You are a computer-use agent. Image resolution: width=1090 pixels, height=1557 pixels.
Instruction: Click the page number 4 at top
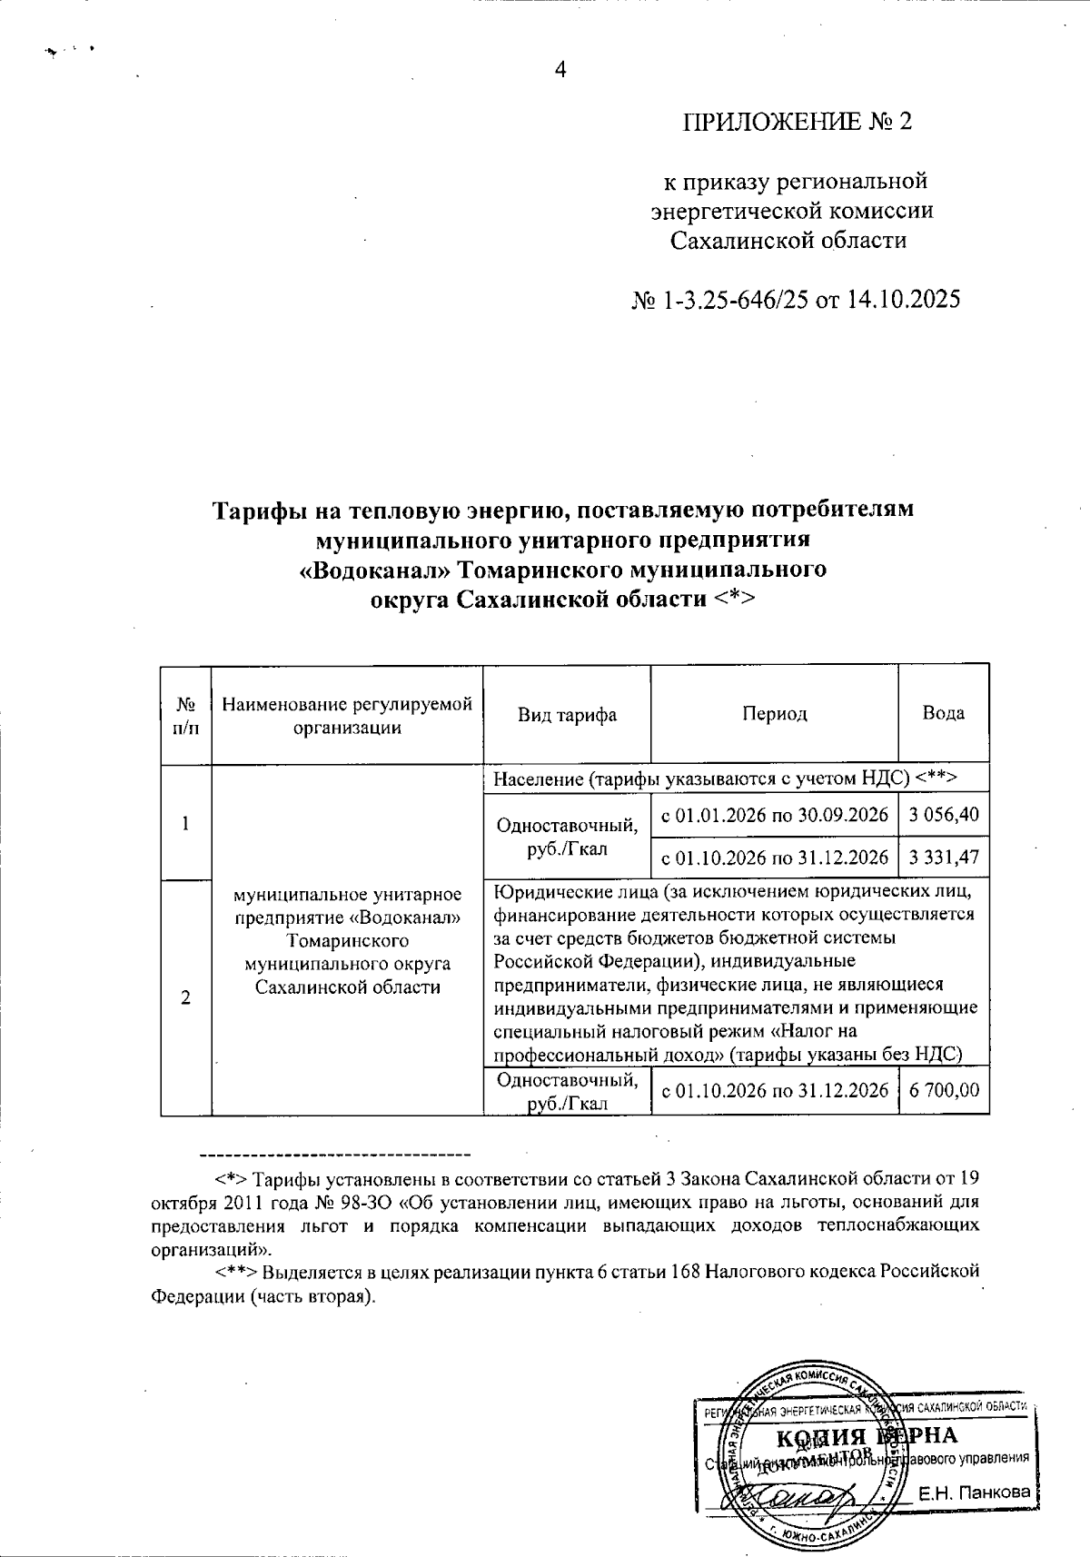tap(560, 70)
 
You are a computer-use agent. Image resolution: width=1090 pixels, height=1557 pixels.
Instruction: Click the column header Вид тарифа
tap(567, 715)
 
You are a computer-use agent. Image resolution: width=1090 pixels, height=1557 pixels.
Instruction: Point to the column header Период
tap(774, 715)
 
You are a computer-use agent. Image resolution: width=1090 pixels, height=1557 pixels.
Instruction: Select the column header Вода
tap(943, 714)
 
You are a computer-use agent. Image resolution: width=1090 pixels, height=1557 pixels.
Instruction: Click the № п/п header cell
tap(185, 715)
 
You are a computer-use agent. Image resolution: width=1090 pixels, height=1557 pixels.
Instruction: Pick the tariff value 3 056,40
tap(943, 815)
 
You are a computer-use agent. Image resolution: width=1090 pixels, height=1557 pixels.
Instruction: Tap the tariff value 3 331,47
tap(943, 858)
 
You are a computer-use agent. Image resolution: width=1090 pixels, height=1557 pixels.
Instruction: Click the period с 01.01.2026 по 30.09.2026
tap(774, 815)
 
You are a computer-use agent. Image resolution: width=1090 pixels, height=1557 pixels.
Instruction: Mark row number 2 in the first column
tap(185, 997)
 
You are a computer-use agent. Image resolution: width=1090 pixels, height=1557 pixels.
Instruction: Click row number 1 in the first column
tap(185, 824)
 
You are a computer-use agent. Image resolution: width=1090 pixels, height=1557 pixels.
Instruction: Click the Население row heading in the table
tap(727, 778)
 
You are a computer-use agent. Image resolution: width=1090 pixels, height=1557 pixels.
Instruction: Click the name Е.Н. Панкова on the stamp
tap(974, 1493)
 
